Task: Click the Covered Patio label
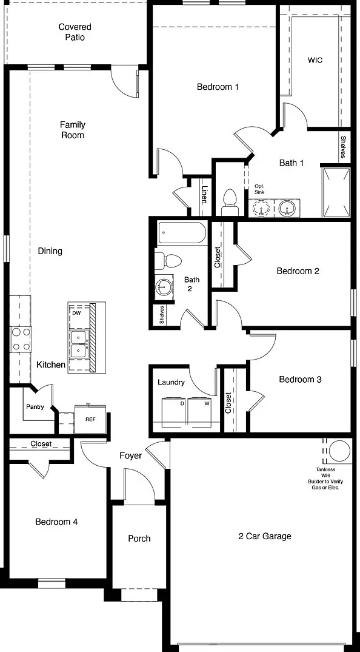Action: pos(75,32)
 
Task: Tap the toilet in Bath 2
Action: pos(168,261)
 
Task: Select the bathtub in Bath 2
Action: pos(182,233)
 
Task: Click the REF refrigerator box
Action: pos(90,419)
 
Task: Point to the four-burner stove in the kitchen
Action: pos(21,339)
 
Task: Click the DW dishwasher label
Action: pos(76,312)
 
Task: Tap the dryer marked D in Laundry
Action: pos(174,412)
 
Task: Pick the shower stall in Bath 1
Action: pos(336,192)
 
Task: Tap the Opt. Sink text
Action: pos(259,190)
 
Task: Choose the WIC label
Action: pos(315,60)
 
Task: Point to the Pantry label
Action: pos(35,407)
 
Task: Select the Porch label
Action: pos(139,539)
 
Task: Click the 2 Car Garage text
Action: pos(265,536)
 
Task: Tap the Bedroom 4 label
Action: pos(56,522)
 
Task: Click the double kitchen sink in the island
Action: pos(78,344)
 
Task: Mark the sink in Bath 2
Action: pos(164,286)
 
